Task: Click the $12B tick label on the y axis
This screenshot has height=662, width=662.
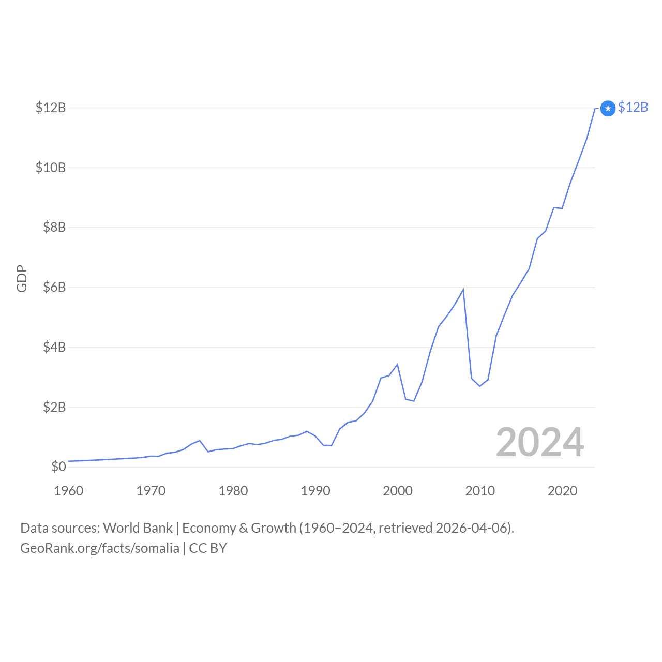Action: click(x=51, y=108)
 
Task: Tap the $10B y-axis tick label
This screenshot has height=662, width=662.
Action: click(x=51, y=168)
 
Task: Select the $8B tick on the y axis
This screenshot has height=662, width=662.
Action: click(x=54, y=227)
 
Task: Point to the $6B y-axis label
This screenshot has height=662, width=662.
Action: click(x=54, y=287)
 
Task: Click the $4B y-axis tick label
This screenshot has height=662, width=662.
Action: click(x=54, y=347)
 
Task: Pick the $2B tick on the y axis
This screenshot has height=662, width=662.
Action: click(x=54, y=407)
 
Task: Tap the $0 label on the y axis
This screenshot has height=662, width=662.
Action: click(x=58, y=467)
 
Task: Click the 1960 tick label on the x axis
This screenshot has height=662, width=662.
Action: click(x=68, y=491)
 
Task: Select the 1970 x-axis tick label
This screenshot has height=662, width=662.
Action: click(x=151, y=491)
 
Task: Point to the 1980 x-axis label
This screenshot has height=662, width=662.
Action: click(x=233, y=491)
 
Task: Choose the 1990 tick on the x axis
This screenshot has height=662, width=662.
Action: click(x=315, y=491)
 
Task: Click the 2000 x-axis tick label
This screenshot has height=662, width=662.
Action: click(x=398, y=491)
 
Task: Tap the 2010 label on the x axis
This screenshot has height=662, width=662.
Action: click(x=480, y=491)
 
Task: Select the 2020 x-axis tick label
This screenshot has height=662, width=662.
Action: click(x=562, y=491)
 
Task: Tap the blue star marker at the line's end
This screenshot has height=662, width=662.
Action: click(x=608, y=108)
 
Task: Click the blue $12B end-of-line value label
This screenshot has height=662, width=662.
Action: click(x=633, y=107)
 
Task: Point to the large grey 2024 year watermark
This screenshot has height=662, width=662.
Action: click(x=540, y=442)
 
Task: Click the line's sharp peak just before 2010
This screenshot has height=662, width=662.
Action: click(x=463, y=290)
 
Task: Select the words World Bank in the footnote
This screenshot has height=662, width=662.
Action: click(x=138, y=528)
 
